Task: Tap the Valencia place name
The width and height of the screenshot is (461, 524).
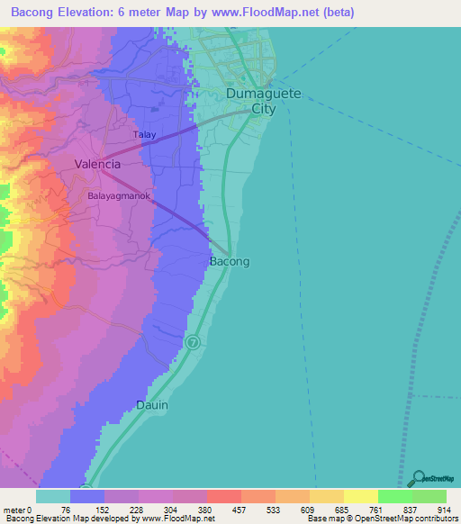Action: pos(97,165)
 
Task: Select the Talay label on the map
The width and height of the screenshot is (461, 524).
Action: pos(145,135)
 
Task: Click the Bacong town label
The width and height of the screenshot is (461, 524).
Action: pos(229,261)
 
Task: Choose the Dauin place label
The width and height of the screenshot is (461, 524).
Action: pos(152,405)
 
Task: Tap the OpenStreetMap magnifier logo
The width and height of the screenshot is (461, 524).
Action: pos(417,480)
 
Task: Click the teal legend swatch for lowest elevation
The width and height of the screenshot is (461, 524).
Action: pos(53,496)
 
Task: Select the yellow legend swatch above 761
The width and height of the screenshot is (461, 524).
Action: pos(360,496)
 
